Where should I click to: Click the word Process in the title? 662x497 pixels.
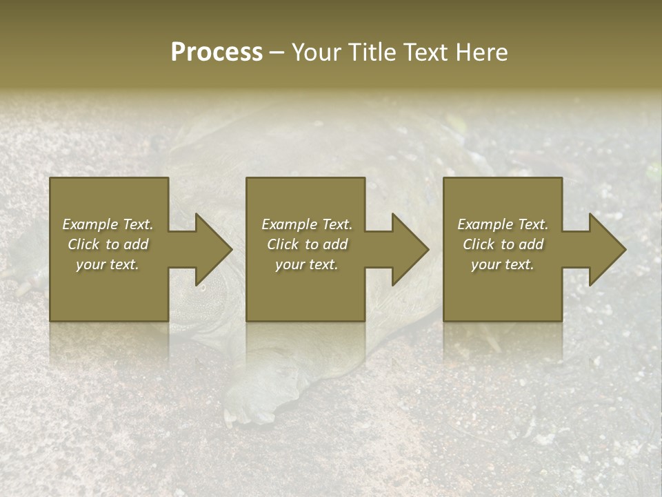pos(217,52)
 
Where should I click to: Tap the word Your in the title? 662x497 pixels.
pos(317,52)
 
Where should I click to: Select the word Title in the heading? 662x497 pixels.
pos(373,52)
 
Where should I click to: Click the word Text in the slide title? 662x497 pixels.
pos(424,52)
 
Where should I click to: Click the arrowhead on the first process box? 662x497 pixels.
pos(213,249)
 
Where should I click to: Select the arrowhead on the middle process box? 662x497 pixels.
pos(410,249)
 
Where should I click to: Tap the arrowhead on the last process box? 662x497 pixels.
pos(607,249)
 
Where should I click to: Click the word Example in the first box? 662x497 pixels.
pos(90,224)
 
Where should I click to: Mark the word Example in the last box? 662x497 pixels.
pos(485,224)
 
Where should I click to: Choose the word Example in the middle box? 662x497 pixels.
pos(290,224)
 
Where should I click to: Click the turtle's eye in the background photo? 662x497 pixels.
pos(203,287)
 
